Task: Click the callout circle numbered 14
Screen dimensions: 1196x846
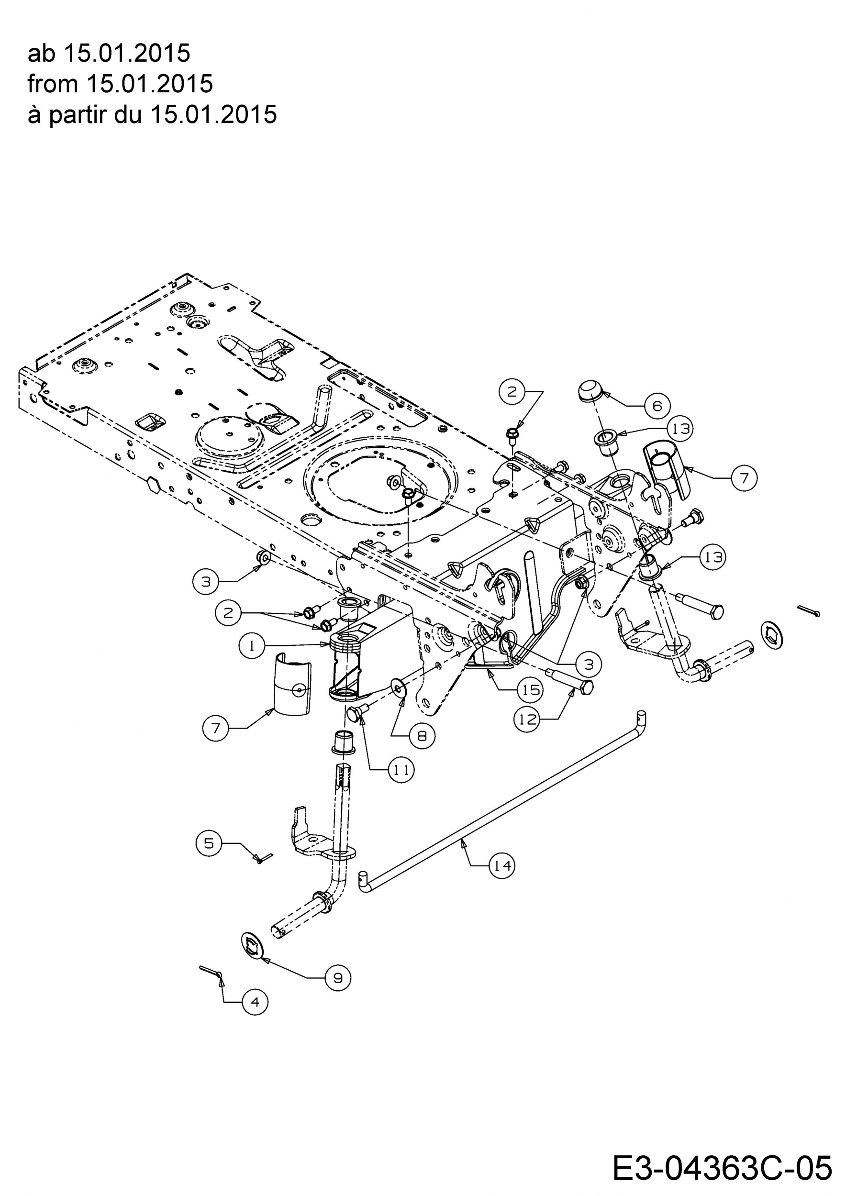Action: pos(502,866)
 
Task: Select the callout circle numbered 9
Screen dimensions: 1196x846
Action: pos(337,978)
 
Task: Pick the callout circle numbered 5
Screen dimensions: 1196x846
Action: pos(209,843)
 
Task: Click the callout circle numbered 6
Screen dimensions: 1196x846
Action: pos(657,405)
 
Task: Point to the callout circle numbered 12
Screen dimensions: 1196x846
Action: pos(527,720)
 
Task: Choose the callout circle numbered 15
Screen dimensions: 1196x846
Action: pos(530,690)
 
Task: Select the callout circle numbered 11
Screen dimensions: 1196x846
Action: pos(401,769)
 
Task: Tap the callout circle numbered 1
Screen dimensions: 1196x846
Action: pos(252,646)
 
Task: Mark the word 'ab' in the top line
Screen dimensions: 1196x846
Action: pos(42,53)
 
